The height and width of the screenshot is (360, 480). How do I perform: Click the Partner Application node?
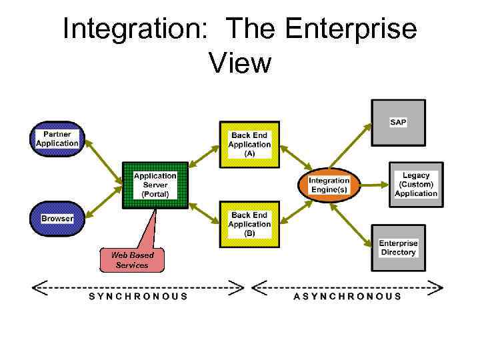point(57,139)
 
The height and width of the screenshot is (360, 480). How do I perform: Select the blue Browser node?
point(57,219)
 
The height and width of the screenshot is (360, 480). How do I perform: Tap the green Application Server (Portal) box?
point(155,185)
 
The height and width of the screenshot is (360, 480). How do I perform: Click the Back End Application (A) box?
point(249,144)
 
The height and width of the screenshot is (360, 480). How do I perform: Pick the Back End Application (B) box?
point(249,225)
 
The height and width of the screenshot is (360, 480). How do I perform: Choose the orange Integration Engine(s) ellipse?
point(329,185)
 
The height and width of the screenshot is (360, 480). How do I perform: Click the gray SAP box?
point(398,123)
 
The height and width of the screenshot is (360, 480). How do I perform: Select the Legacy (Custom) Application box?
point(416,185)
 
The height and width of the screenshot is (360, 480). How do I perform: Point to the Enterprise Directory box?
point(398,248)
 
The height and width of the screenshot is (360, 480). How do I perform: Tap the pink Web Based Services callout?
point(132,260)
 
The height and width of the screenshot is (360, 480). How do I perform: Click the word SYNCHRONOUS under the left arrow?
point(139,296)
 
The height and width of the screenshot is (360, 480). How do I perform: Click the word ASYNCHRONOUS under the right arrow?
point(347,296)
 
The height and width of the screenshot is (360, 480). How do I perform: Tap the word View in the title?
point(240,63)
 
